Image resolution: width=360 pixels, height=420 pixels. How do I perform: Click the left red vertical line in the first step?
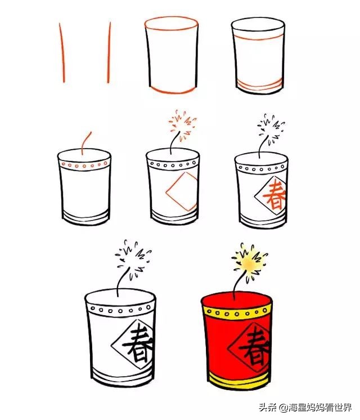[62, 53]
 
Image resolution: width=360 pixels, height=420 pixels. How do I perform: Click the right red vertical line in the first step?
[109, 53]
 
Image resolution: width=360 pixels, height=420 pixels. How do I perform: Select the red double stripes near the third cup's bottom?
[258, 86]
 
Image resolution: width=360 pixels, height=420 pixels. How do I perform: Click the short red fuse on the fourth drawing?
[85, 142]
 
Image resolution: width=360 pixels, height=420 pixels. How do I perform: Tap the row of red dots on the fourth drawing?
[84, 166]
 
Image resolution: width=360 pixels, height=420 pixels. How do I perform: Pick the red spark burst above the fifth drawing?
[182, 123]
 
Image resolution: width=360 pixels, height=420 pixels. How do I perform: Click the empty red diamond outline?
[182, 193]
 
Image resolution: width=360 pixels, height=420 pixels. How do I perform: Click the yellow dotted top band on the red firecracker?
[237, 310]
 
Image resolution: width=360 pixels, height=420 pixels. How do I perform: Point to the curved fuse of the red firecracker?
[238, 285]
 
